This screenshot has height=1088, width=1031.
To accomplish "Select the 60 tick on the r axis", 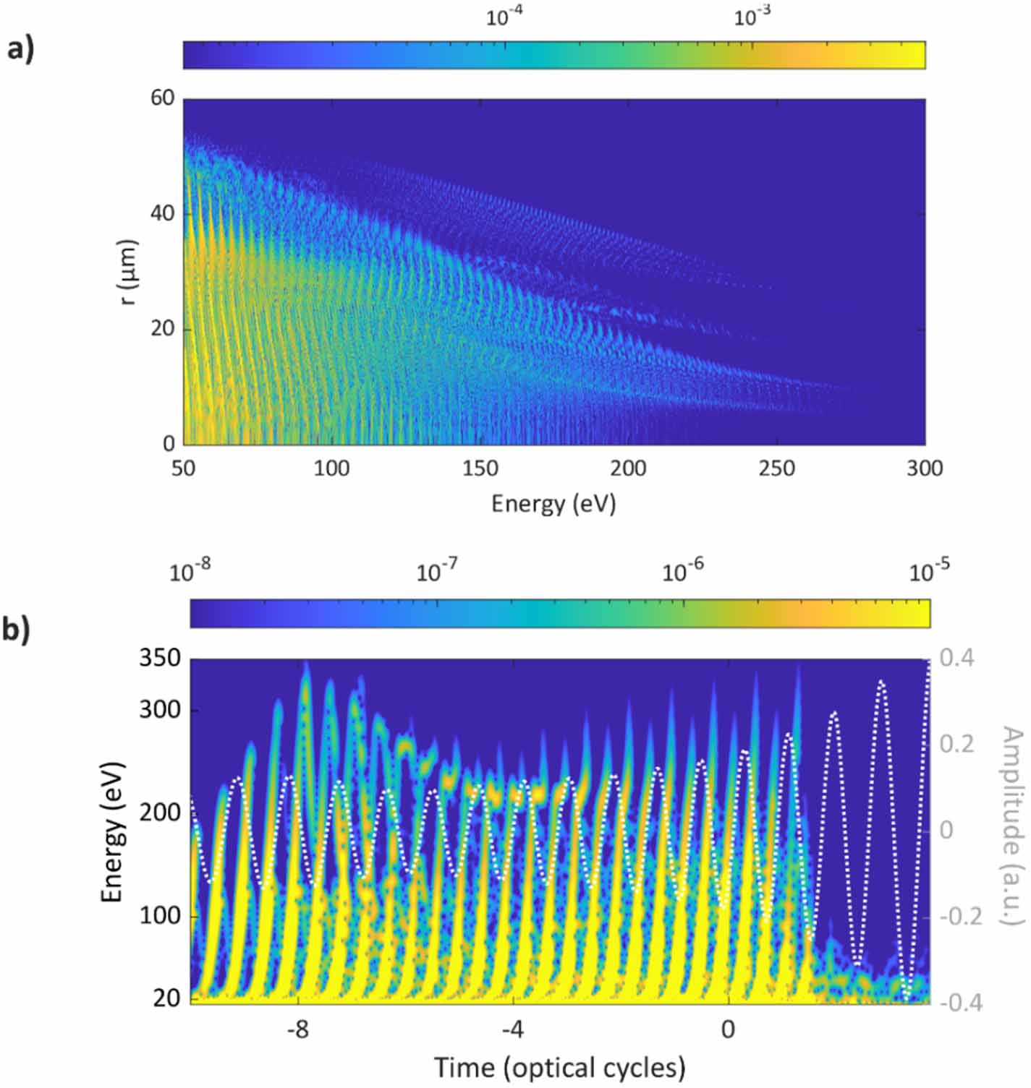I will (x=163, y=98).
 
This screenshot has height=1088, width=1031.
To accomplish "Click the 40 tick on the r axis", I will (x=163, y=213).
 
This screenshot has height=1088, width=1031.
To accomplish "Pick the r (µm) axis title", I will (x=128, y=272).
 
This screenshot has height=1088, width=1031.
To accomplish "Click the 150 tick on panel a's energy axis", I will (x=480, y=468).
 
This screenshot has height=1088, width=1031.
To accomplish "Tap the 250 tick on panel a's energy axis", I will (x=776, y=468).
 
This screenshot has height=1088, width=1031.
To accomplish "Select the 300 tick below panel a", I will (x=925, y=468).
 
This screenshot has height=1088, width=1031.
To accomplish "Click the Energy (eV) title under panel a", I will (x=553, y=503).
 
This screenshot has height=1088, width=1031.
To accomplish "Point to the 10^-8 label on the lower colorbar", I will (x=190, y=573).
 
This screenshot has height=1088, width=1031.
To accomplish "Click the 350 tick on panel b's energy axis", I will (x=160, y=659).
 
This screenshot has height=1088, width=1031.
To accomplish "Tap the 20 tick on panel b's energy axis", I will (x=167, y=998).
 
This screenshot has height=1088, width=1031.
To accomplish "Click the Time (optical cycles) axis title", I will (x=559, y=1068).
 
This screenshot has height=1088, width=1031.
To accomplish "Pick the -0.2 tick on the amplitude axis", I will (x=960, y=917).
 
